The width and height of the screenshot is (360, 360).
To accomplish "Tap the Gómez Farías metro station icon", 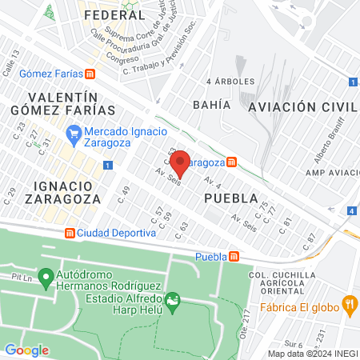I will click(x=90, y=74).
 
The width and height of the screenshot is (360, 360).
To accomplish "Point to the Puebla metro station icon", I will click(x=234, y=257).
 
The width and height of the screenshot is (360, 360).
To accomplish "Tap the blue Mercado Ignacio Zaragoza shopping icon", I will click(x=74, y=132).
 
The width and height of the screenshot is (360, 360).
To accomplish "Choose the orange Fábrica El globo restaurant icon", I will click(x=348, y=303).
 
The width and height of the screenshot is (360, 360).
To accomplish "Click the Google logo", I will click(x=27, y=350).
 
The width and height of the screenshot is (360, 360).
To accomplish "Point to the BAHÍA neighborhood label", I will click(x=211, y=104).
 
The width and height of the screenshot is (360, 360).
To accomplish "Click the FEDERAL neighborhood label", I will click(x=114, y=15).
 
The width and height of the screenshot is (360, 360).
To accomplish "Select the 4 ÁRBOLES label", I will click(x=230, y=82).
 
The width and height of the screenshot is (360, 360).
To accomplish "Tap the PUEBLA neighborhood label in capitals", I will click(x=230, y=198).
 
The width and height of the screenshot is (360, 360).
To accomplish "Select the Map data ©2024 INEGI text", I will click(x=312, y=354).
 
